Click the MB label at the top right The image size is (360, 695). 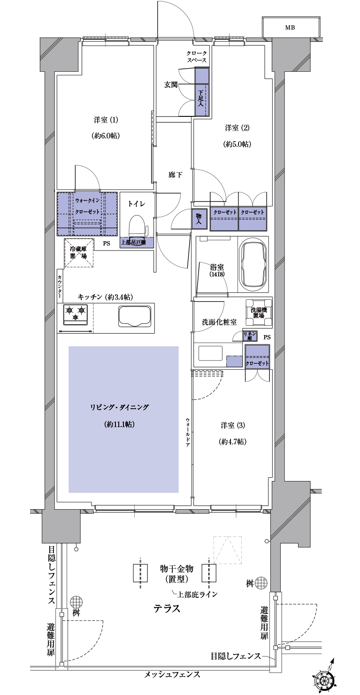(290, 28)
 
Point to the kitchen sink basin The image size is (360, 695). (135, 316)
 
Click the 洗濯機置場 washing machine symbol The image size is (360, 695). (259, 313)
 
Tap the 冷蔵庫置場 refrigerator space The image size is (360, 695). (78, 252)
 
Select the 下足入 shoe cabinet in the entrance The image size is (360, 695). (201, 92)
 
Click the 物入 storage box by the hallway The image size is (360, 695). (199, 219)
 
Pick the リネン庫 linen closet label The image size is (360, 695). (250, 336)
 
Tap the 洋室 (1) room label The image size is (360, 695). (106, 120)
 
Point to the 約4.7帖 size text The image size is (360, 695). (232, 442)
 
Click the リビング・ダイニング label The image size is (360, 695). (120, 407)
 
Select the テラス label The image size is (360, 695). (167, 609)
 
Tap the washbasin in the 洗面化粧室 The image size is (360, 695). (210, 353)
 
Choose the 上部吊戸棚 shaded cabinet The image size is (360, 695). (137, 242)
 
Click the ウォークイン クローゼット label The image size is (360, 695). (87, 206)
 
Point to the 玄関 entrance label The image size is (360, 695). (171, 84)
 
